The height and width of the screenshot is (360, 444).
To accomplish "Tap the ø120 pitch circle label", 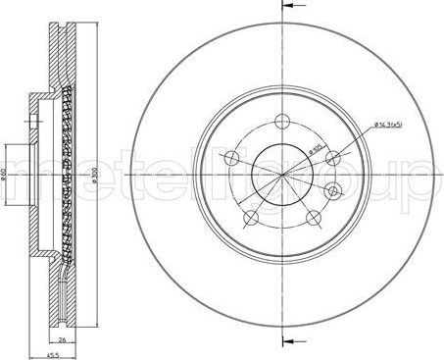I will click(x=315, y=149).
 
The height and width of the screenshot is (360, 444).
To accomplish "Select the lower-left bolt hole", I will click(x=251, y=218).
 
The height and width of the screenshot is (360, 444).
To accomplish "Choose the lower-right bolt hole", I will click(x=314, y=218).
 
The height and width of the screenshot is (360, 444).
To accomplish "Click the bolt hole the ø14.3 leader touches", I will click(x=333, y=157).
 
